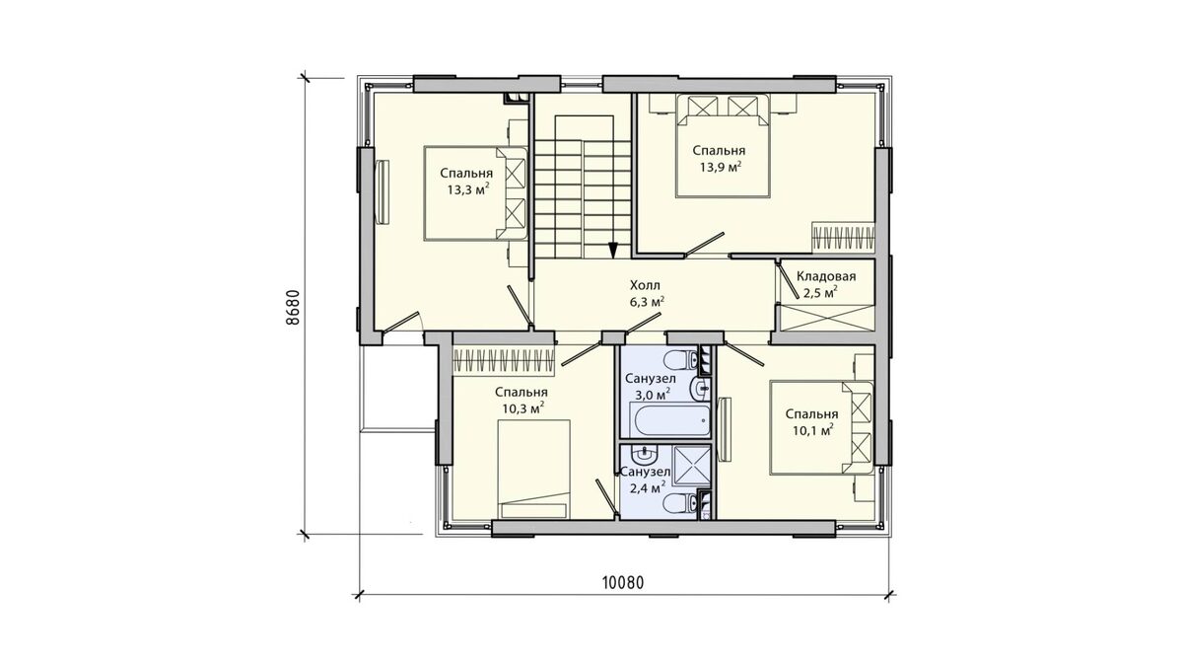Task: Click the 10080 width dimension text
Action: [x=623, y=582]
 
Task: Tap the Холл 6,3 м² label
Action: [x=646, y=294]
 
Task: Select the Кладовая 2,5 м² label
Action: [x=826, y=284]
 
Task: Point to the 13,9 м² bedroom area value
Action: [x=721, y=168]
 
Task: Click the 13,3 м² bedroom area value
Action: [x=468, y=189]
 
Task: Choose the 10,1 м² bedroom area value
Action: [x=813, y=430]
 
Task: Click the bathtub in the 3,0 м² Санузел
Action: [x=669, y=420]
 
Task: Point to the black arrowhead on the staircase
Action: [x=612, y=250]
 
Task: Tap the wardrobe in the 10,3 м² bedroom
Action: [x=504, y=360]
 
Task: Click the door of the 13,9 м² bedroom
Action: [x=705, y=245]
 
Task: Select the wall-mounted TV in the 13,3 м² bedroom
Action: [x=382, y=193]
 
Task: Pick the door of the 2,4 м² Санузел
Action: [x=607, y=497]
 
